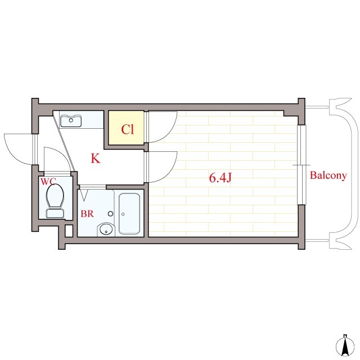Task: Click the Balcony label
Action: point(328,175)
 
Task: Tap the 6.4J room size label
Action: point(220,178)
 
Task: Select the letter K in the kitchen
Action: point(96,158)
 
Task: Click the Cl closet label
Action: point(128,129)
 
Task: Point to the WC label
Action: point(48,181)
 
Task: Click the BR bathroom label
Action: point(87,214)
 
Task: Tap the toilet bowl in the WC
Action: point(55,196)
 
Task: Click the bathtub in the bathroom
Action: point(129,214)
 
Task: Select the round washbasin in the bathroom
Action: point(106,229)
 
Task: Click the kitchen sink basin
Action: point(71,120)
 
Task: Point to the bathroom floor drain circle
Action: point(110,214)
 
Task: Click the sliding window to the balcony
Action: point(302,165)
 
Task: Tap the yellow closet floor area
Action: point(126,128)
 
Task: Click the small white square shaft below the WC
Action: point(69,231)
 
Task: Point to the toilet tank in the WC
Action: point(55,213)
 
